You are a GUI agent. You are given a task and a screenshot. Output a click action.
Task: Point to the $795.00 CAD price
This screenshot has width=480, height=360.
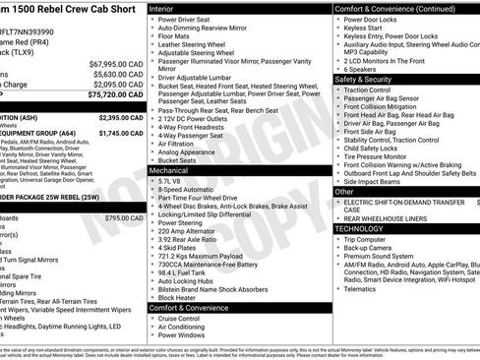point(124,217)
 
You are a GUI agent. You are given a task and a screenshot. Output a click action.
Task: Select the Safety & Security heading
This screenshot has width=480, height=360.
point(364,79)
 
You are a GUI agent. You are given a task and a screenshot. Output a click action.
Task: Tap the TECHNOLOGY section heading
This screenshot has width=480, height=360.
point(360,228)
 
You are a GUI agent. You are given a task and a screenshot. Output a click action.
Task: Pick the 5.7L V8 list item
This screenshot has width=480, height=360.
point(169,181)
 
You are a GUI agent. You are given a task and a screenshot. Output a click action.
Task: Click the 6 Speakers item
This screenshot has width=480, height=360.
point(363,69)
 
